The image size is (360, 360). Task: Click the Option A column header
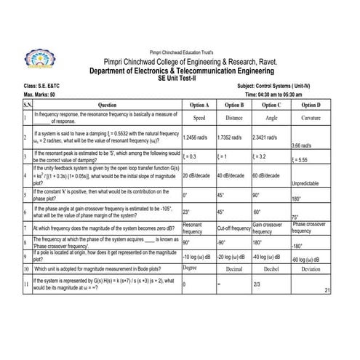(x=199, y=105)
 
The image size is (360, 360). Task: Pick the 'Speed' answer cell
(x=199, y=117)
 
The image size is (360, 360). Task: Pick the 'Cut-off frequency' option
(x=233, y=228)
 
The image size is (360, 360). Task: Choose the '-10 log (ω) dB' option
(x=196, y=257)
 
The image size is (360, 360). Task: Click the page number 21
(x=328, y=290)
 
